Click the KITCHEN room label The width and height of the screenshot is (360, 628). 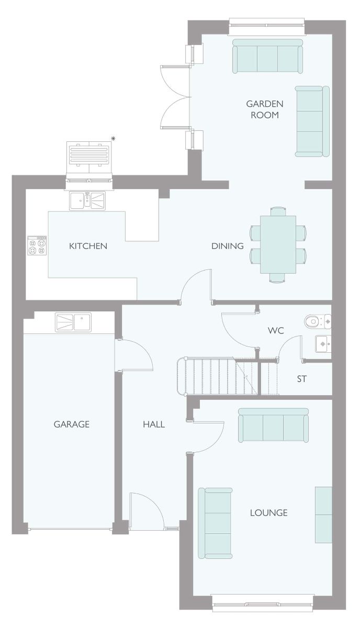click(88, 246)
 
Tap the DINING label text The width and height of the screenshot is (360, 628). click(228, 246)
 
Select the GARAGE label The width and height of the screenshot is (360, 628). click(72, 424)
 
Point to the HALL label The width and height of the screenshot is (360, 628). click(154, 424)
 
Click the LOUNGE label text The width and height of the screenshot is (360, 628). click(268, 513)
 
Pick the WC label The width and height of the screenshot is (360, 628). click(276, 331)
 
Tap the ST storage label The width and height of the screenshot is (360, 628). click(302, 379)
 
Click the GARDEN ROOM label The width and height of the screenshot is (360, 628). click(265, 109)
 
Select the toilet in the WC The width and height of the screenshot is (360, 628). click(318, 321)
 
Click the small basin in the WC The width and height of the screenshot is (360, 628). click(323, 344)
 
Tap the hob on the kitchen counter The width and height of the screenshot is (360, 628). click(37, 245)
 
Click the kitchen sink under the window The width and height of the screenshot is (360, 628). click(87, 201)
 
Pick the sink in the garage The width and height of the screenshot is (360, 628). click(73, 322)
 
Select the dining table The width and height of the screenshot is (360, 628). click(278, 244)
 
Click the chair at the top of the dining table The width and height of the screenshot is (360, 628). click(278, 211)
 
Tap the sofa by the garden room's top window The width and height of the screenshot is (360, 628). click(268, 56)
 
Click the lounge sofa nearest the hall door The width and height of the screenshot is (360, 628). click(273, 425)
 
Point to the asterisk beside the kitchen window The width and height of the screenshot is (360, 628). click(113, 138)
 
